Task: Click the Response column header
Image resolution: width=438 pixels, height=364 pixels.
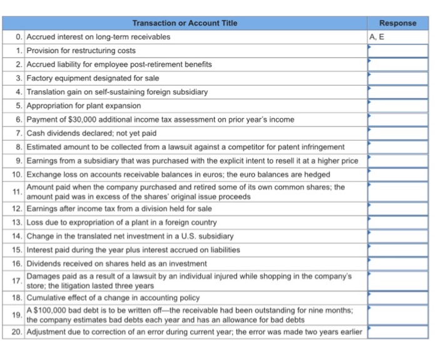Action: (x=397, y=23)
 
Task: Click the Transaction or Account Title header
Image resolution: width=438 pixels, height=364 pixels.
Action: (x=185, y=23)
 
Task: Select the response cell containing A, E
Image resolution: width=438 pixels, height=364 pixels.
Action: (x=397, y=37)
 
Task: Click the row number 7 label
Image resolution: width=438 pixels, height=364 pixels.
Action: (x=20, y=133)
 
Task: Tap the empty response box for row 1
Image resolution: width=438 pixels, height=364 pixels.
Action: (x=397, y=51)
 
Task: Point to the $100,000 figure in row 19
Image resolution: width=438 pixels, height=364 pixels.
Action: (x=51, y=311)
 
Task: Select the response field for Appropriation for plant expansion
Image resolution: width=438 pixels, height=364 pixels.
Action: (x=397, y=106)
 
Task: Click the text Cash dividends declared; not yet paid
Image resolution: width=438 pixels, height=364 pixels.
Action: (x=91, y=133)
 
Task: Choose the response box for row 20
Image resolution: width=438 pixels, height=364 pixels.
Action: (x=397, y=331)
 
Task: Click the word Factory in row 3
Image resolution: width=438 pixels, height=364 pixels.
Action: (x=39, y=78)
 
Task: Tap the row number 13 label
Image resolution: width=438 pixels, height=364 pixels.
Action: (x=18, y=223)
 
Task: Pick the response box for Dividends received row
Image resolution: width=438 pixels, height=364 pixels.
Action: (x=397, y=263)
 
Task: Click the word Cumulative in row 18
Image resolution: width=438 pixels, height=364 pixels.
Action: (x=48, y=298)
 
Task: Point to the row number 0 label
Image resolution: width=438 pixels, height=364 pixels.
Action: (x=20, y=37)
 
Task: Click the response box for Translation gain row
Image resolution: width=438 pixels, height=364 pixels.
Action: (x=397, y=92)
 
